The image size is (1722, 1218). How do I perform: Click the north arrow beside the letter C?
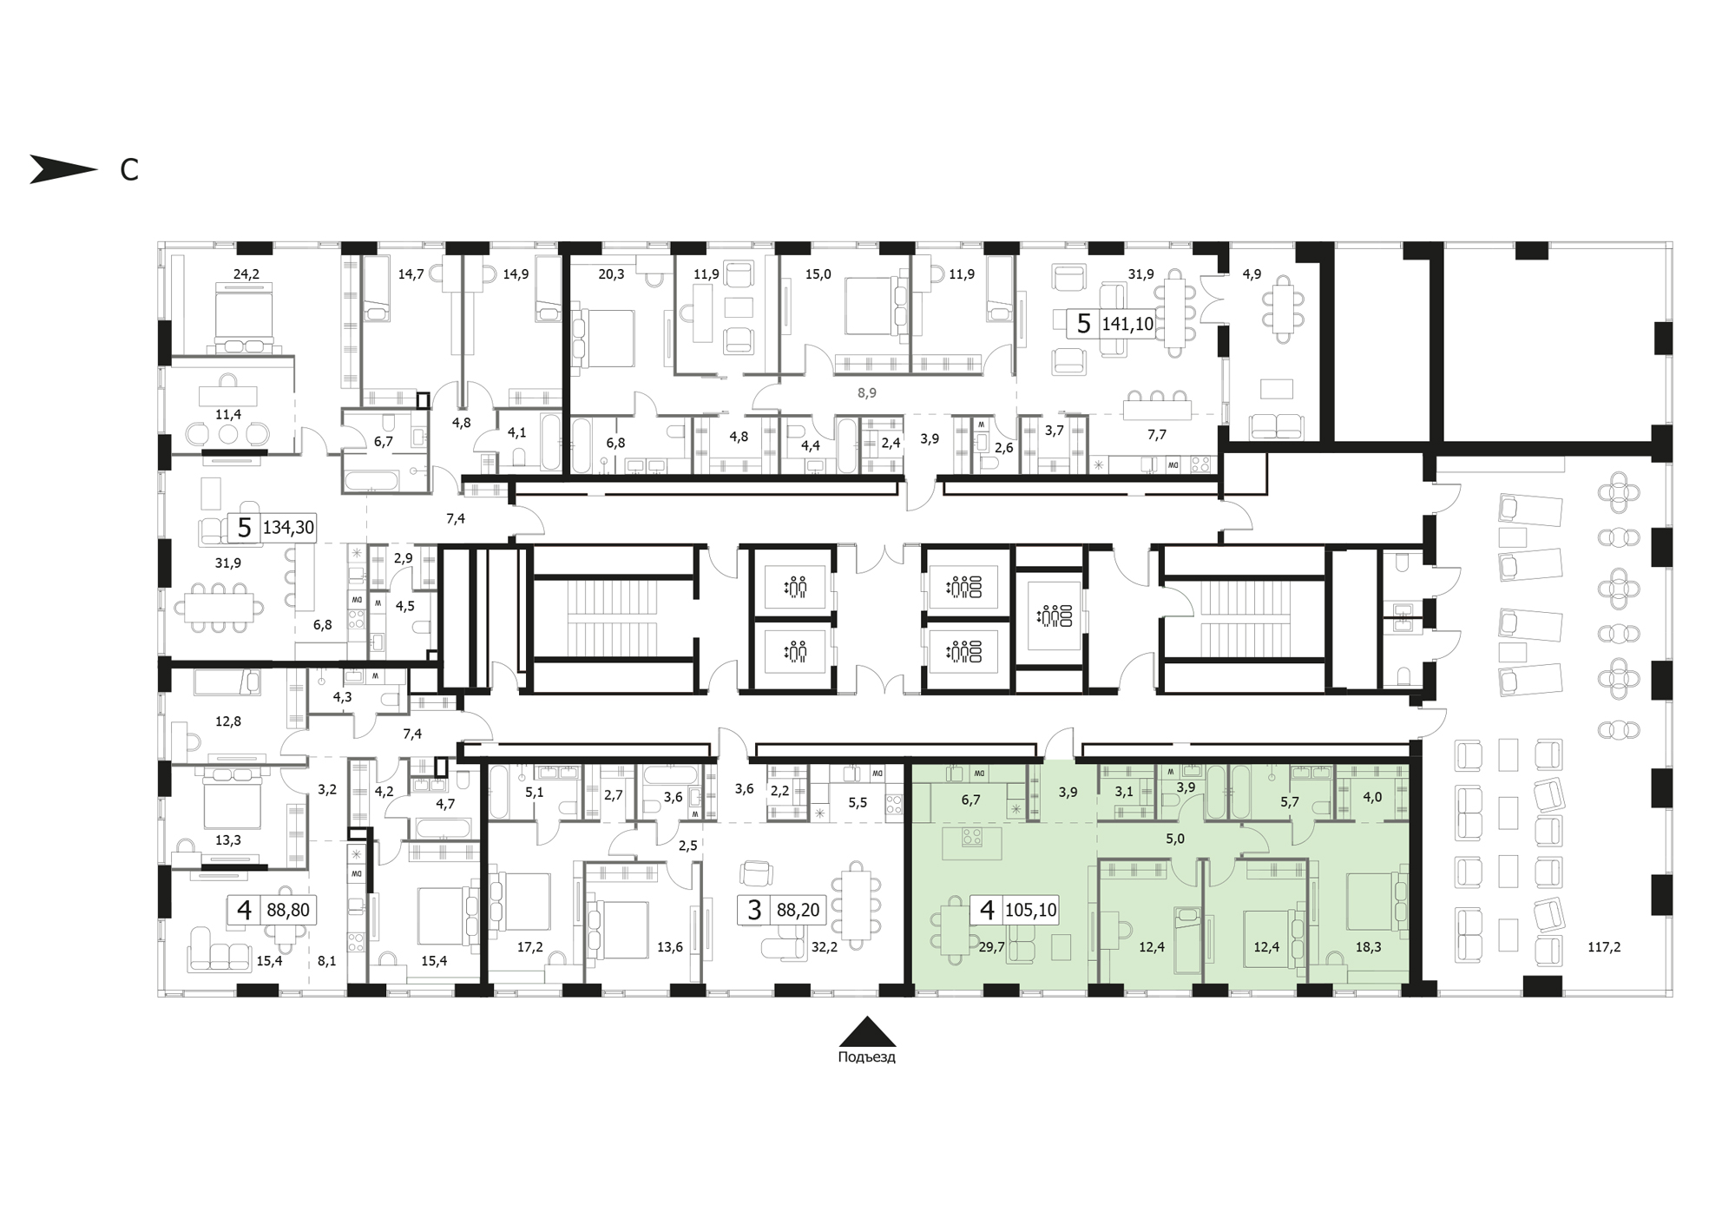click(x=62, y=169)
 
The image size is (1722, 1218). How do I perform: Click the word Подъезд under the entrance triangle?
click(x=866, y=1057)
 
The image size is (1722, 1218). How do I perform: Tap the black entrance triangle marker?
click(x=867, y=1031)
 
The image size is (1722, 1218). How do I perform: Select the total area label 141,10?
click(x=1127, y=325)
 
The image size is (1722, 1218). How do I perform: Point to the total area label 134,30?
click(x=288, y=528)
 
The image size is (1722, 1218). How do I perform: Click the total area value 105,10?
click(x=1030, y=911)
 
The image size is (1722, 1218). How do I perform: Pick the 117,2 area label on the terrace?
click(x=1604, y=947)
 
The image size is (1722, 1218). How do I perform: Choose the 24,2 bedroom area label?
click(x=246, y=274)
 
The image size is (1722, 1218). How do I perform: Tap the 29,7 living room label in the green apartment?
click(x=991, y=947)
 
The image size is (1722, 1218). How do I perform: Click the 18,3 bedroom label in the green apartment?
click(x=1368, y=947)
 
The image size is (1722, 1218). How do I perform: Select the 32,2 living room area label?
click(x=825, y=947)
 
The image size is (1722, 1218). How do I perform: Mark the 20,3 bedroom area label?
click(x=611, y=274)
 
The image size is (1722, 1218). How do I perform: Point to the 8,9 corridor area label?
click(x=867, y=393)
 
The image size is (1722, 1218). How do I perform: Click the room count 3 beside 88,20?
click(x=754, y=911)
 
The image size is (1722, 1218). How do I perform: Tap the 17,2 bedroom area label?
click(x=529, y=947)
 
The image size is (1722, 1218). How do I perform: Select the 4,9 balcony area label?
click(x=1252, y=274)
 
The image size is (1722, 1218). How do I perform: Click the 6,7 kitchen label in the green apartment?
click(x=970, y=800)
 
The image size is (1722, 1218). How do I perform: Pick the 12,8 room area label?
click(x=228, y=721)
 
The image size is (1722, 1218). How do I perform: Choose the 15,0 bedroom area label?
click(x=818, y=274)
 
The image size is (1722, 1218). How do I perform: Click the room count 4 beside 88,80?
click(x=244, y=911)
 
